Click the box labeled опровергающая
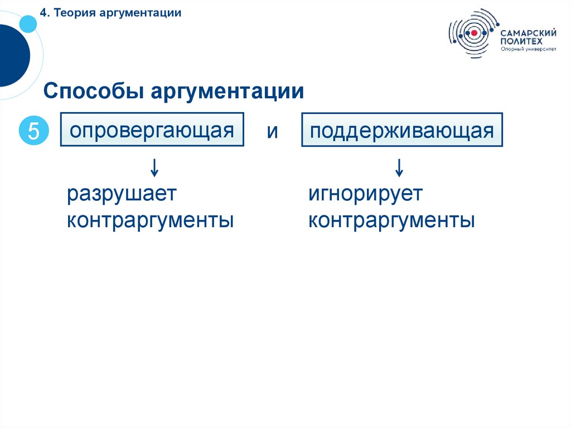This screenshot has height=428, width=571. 152,131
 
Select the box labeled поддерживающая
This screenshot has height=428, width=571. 401,131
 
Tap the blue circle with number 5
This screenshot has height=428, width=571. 34,131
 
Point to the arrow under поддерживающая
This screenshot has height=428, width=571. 399,166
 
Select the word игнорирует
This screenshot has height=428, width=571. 366,195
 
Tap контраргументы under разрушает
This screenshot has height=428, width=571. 150,220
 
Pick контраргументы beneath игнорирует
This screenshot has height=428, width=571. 391,220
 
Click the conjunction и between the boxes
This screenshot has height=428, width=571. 272,132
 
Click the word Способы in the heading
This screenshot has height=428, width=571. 91,92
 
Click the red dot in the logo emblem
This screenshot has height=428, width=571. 474,33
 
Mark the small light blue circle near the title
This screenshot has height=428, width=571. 27,23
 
